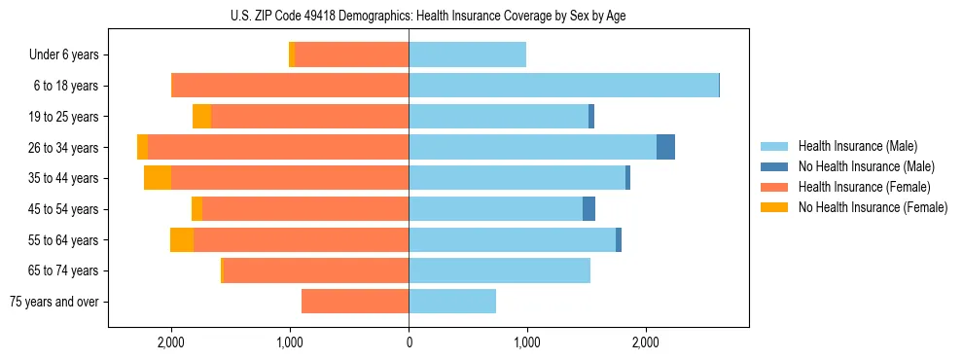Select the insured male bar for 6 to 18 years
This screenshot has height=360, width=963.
(x=563, y=86)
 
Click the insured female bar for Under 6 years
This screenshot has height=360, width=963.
(x=351, y=55)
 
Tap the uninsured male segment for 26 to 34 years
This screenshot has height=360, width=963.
(x=665, y=147)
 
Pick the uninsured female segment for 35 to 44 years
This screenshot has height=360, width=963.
(x=158, y=178)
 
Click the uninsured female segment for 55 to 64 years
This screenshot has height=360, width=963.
(x=182, y=240)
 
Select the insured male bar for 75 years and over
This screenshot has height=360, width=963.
(x=452, y=302)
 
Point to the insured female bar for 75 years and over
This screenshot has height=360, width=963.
(x=355, y=302)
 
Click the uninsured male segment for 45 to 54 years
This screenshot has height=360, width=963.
(x=588, y=209)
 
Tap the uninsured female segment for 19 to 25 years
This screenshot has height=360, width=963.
(x=201, y=117)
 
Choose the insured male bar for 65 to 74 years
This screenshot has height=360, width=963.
(x=499, y=270)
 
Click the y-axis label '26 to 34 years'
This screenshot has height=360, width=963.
(x=64, y=148)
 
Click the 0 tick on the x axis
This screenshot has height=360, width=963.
(x=409, y=342)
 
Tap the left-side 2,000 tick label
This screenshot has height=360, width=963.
(x=171, y=342)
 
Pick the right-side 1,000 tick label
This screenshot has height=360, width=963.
(x=527, y=342)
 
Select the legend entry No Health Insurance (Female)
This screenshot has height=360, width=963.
(x=873, y=207)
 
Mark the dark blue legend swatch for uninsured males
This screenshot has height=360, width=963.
(x=774, y=166)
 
